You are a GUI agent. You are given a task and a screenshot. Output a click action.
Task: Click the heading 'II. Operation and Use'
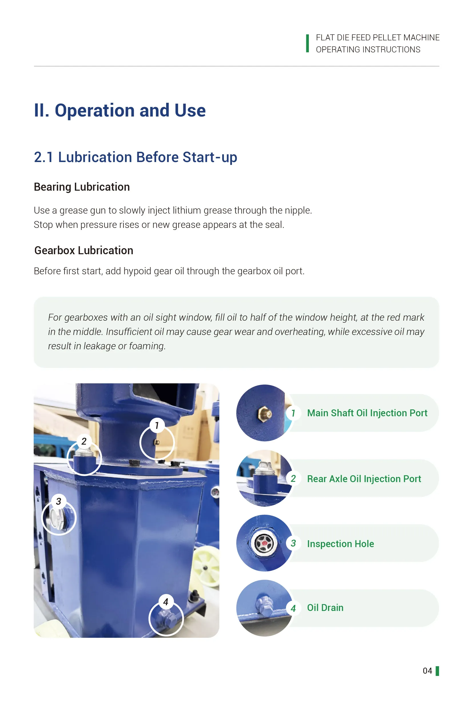pos(120,111)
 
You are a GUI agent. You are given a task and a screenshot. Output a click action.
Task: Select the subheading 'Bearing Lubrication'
pos(82,187)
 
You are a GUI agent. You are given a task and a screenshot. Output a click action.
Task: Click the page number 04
pos(427,671)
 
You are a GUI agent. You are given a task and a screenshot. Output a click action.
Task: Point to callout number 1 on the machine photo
pos(157,425)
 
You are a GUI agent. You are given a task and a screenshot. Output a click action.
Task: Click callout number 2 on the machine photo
pos(84,441)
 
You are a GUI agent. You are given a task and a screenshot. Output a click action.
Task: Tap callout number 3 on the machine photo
pos(59,501)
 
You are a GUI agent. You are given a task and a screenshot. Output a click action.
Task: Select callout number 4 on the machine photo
pos(166,602)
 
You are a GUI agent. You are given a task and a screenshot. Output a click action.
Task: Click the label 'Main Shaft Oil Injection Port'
pos(367,413)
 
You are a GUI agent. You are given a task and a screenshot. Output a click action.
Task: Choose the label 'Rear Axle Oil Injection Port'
pos(364,479)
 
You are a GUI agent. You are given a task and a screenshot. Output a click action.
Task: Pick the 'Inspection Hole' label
pos(340,544)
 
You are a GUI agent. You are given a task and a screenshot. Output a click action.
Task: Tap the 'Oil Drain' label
pos(325,608)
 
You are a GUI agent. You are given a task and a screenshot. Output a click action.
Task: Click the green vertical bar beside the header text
pos(307,44)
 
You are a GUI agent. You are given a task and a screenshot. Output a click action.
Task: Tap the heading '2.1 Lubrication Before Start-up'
pos(136,157)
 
